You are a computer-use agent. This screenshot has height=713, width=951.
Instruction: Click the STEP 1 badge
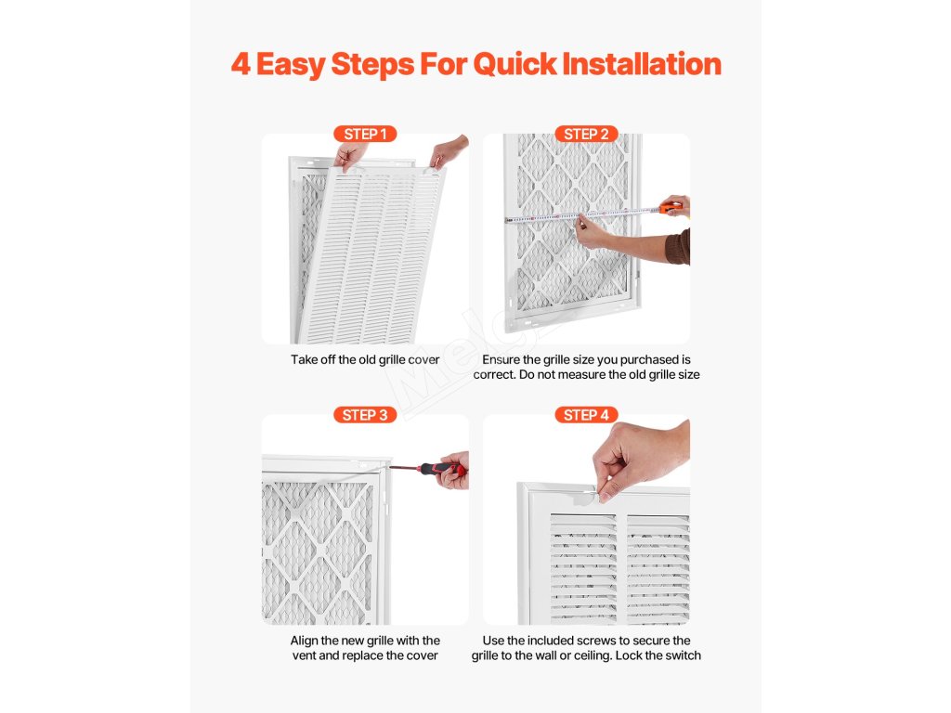(365, 134)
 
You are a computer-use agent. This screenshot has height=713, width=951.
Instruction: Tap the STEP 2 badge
(587, 134)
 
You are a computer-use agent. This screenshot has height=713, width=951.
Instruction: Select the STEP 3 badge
(365, 415)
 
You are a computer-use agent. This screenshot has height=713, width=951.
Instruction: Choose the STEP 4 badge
(587, 415)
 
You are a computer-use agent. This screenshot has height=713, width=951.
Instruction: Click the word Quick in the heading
(515, 64)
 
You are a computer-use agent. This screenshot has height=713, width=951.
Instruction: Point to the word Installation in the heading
(643, 64)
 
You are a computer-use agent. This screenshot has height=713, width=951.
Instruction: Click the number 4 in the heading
(241, 64)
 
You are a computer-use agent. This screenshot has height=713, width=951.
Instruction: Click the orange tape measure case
(671, 209)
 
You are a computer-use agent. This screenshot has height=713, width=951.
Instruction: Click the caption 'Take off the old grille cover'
(365, 359)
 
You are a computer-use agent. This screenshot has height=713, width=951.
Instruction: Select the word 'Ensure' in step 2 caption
(501, 359)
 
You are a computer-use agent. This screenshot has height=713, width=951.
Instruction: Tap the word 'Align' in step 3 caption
(304, 641)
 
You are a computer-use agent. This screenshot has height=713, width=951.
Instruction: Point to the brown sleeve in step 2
(679, 247)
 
